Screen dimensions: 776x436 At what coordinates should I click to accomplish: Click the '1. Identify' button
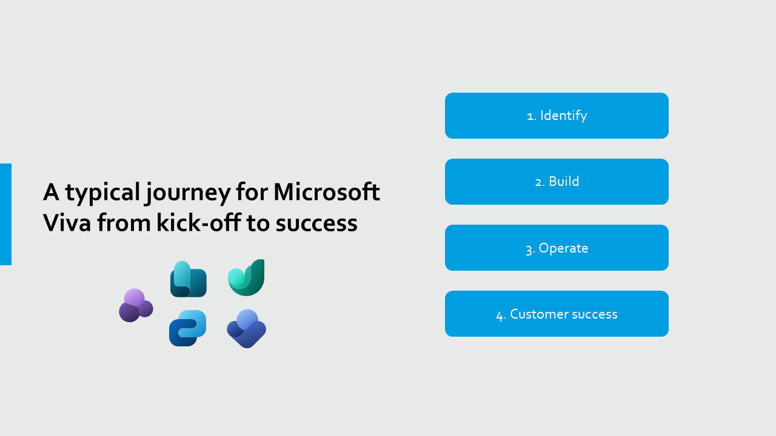click(x=557, y=116)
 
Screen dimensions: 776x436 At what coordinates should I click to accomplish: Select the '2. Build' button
click(x=557, y=182)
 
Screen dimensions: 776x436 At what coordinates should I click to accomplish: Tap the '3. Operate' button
click(x=557, y=248)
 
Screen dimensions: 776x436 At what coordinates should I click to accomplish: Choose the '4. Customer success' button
click(x=557, y=314)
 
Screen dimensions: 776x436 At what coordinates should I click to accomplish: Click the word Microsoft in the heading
click(x=327, y=192)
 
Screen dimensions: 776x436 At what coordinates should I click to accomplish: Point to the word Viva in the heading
click(x=67, y=222)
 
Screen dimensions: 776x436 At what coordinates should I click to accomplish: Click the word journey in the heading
click(x=188, y=194)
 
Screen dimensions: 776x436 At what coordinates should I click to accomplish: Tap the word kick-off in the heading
click(x=198, y=222)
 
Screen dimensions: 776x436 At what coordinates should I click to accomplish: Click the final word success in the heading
click(x=316, y=223)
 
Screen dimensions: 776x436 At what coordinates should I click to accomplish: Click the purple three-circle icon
click(x=136, y=305)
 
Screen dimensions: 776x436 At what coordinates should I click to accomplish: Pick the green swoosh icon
click(x=246, y=277)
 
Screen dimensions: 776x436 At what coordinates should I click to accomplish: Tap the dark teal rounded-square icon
click(x=189, y=279)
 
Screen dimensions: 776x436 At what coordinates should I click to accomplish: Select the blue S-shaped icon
click(x=187, y=328)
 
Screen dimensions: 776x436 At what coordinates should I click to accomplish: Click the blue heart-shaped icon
click(x=246, y=329)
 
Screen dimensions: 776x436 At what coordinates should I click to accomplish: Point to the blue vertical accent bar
click(x=5, y=214)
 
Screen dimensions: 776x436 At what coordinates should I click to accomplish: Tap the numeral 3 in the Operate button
click(x=529, y=249)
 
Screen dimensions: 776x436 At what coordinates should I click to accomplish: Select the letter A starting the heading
click(x=51, y=192)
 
